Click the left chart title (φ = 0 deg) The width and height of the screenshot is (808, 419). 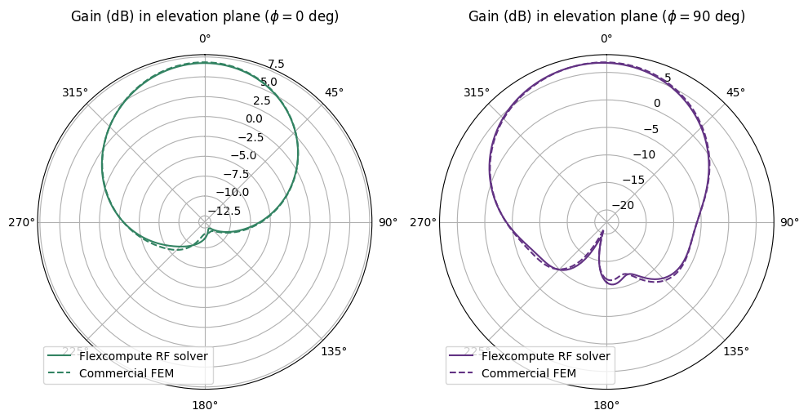point(205,16)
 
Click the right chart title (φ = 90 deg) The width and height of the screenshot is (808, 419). point(606,16)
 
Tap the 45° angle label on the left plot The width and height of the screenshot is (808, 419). point(335,92)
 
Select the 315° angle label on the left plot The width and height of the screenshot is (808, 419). point(75,92)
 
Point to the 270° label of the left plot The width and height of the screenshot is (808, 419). point(21,222)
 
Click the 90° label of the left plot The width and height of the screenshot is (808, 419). point(388,222)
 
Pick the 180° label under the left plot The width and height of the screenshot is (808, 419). point(205,406)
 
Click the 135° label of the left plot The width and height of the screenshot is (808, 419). point(334,351)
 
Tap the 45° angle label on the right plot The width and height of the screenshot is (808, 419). point(736,92)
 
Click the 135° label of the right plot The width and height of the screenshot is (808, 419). point(735,351)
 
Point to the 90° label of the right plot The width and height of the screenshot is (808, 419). point(789,222)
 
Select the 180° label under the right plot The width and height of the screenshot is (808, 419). point(606,406)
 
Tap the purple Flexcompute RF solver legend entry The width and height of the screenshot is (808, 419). point(545,356)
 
